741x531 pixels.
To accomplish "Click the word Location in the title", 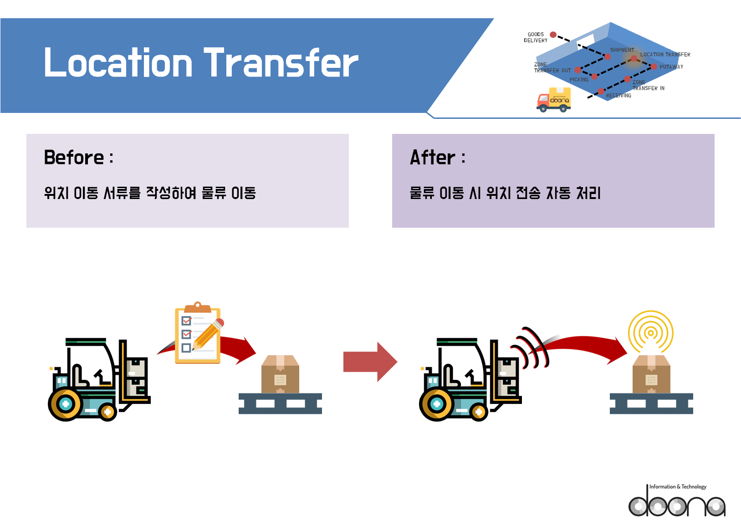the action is pyautogui.click(x=118, y=62).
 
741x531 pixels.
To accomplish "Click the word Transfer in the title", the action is pyautogui.click(x=281, y=62).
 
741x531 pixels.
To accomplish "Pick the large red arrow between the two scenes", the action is pyautogui.click(x=370, y=362).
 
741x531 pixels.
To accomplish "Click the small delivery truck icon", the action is pyautogui.click(x=554, y=100).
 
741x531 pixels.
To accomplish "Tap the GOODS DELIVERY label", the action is pyautogui.click(x=536, y=37).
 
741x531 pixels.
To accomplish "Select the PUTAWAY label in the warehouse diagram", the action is pyautogui.click(x=671, y=67).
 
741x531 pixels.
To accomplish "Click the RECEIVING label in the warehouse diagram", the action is pyautogui.click(x=618, y=96).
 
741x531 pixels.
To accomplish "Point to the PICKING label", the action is pyautogui.click(x=579, y=80).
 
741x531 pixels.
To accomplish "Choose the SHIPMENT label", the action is pyautogui.click(x=622, y=50).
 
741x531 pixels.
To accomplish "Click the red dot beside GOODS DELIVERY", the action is pyautogui.click(x=553, y=35).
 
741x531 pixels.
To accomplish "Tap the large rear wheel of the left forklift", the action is pyautogui.click(x=66, y=404).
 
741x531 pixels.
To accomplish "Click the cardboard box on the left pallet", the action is pyautogui.click(x=280, y=374).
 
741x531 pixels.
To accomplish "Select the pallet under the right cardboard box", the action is pyautogui.click(x=651, y=403).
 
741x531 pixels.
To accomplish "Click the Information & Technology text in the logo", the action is pyautogui.click(x=678, y=487).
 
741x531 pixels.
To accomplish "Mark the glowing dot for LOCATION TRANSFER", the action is pyautogui.click(x=634, y=59).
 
